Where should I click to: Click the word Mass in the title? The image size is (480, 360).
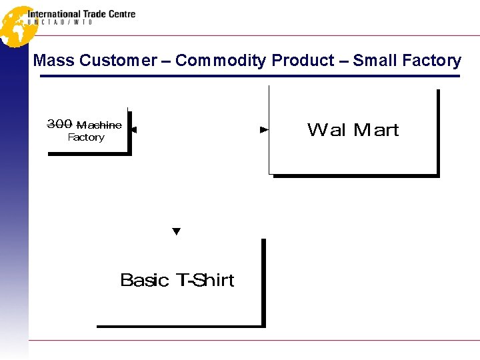pyautogui.click(x=54, y=61)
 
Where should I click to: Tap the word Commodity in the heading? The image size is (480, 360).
pyautogui.click(x=221, y=61)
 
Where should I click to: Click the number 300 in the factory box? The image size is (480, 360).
pyautogui.click(x=60, y=124)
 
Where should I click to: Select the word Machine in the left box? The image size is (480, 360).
pyautogui.click(x=99, y=125)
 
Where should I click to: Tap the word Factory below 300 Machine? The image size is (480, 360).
pyautogui.click(x=86, y=137)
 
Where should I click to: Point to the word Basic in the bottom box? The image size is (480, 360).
pyautogui.click(x=144, y=280)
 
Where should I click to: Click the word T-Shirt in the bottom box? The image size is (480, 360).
pyautogui.click(x=205, y=280)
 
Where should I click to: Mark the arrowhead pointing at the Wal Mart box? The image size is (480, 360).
pyautogui.click(x=264, y=129)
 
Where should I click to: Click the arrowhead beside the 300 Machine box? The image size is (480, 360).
pyautogui.click(x=134, y=130)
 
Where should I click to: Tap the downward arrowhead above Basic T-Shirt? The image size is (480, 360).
pyautogui.click(x=177, y=231)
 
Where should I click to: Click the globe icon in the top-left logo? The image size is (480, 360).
pyautogui.click(x=15, y=25)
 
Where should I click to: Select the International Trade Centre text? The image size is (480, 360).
pyautogui.click(x=81, y=14)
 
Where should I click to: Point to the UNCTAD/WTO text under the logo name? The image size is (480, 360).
pyautogui.click(x=60, y=23)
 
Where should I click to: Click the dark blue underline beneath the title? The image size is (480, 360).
pyautogui.click(x=250, y=76)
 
